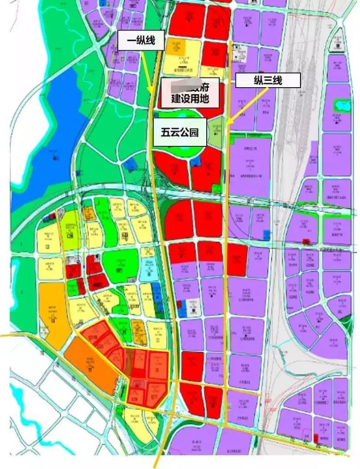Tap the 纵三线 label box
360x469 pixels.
[x=267, y=80]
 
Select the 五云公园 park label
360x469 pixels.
[x=178, y=132]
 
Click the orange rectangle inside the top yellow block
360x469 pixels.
[x=192, y=47]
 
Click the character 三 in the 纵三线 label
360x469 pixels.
[x=267, y=80]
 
